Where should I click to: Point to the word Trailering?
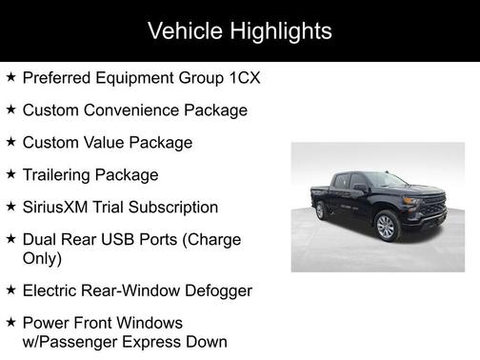59,175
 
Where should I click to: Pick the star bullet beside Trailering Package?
10,174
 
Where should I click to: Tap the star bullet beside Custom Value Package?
10,142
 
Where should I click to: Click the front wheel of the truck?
386,227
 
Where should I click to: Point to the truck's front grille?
432,209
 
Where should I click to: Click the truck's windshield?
387,180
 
